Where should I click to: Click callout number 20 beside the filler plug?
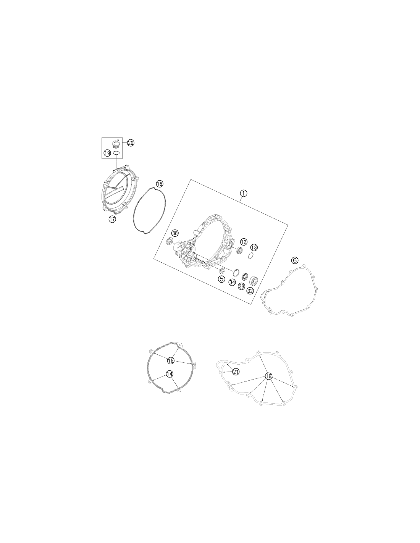(x=131, y=143)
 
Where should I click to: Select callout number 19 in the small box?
(x=107, y=153)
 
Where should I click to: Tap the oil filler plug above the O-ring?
(x=115, y=144)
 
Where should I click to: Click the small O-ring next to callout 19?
(x=116, y=153)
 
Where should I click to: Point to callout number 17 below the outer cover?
(x=112, y=220)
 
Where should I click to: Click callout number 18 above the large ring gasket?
(x=159, y=184)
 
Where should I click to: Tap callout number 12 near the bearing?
(x=244, y=242)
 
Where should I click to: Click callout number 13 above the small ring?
(x=254, y=247)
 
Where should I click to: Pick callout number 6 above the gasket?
(x=295, y=260)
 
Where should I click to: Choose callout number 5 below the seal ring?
(x=221, y=279)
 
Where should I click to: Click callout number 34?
(x=232, y=282)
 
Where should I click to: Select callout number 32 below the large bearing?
(x=250, y=290)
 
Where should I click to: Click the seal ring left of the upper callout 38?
(x=170, y=241)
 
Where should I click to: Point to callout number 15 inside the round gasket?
(x=170, y=360)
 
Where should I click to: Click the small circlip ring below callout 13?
(x=251, y=255)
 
